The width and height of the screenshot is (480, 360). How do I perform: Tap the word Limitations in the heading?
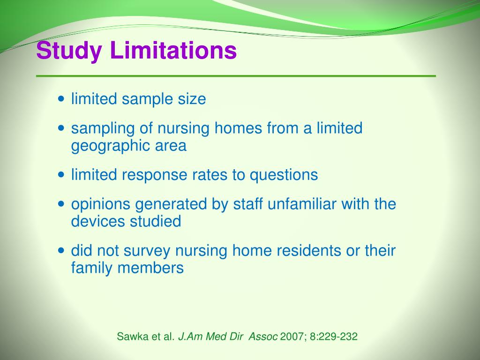coord(173,51)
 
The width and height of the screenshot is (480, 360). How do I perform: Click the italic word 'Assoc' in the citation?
coord(264,336)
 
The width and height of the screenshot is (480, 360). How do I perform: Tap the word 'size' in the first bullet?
coord(192,99)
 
